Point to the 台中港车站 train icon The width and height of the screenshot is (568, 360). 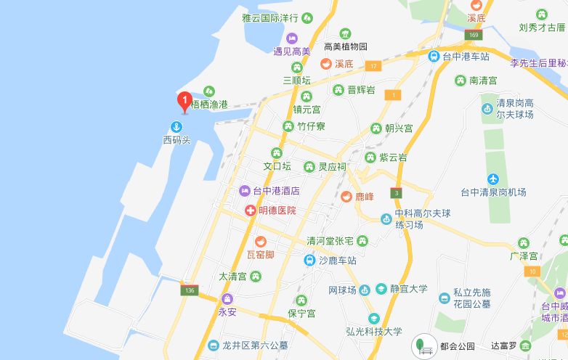434,56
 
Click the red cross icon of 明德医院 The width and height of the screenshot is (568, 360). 250,210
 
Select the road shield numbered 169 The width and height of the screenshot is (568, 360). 474,35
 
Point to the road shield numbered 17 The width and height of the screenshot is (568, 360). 374,66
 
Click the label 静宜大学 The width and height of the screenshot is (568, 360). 408,289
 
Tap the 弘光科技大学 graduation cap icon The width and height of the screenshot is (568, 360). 374,318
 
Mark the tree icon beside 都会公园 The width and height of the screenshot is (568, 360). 422,345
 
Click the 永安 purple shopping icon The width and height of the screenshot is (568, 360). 227,299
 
